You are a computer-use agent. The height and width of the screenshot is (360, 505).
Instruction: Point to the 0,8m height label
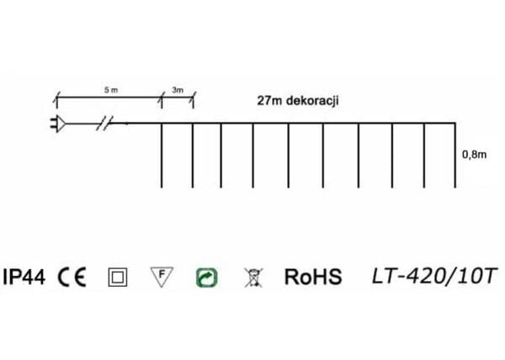474,155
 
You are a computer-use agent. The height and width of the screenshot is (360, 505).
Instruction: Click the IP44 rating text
25,277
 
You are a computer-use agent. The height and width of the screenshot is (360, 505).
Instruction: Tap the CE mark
72,277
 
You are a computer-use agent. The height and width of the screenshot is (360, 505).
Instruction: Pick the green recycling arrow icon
205,276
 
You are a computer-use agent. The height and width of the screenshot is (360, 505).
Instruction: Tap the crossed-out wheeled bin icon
250,276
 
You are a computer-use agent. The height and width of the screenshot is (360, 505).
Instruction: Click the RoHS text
313,277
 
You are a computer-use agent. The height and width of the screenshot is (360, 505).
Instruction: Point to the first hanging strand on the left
161,156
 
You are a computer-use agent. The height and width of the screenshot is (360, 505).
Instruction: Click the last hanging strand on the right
455,156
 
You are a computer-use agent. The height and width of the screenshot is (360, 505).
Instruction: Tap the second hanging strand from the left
194,156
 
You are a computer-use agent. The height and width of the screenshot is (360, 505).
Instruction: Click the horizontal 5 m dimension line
108,99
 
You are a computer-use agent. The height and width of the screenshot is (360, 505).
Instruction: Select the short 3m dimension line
178,99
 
